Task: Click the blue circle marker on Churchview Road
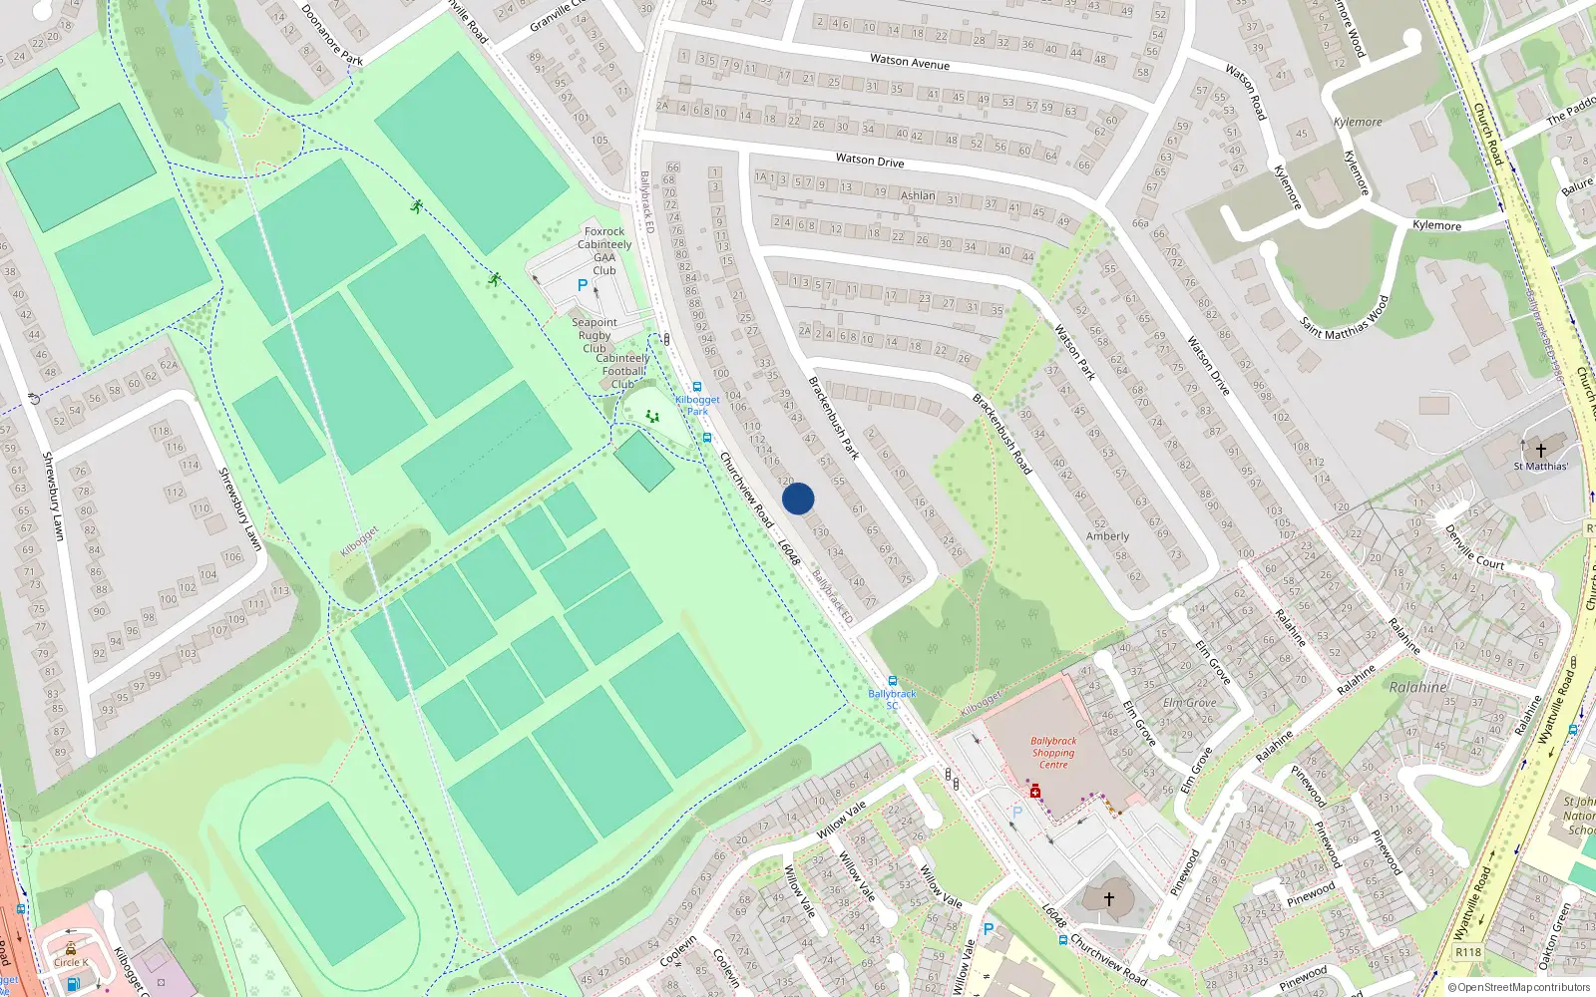pos(798,498)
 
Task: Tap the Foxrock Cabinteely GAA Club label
pos(604,250)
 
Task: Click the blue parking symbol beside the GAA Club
pos(583,285)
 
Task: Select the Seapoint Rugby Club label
pos(595,335)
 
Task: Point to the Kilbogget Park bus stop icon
pos(696,387)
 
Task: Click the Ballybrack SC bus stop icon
pos(892,681)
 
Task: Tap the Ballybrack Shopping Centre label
pos(1053,753)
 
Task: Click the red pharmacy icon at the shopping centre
pos(1035,792)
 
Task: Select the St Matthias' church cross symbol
pos(1540,450)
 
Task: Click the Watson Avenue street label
pos(910,62)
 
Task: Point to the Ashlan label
pos(918,195)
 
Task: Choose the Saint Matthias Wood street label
pos(1345,317)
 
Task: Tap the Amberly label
pos(1107,536)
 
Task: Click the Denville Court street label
pos(1474,548)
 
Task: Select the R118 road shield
pos(1468,952)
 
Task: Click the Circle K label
pos(71,962)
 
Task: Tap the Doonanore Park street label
pos(332,36)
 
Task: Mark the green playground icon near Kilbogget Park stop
pos(652,416)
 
